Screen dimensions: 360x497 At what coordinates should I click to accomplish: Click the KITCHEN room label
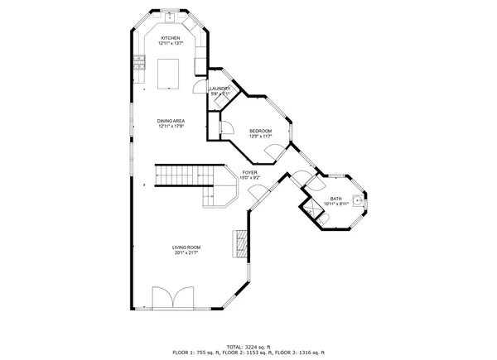[171, 38]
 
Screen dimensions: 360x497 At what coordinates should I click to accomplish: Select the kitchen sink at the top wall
[171, 16]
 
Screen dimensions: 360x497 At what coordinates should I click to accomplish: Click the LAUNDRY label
[220, 89]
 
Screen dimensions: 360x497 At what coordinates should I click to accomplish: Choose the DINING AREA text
[171, 121]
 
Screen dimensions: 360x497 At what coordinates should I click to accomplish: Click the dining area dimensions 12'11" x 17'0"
[171, 127]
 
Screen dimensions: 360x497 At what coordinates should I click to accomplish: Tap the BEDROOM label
[260, 131]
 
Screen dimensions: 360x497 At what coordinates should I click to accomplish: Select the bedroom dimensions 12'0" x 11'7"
[260, 137]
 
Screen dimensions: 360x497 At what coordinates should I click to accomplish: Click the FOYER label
[249, 172]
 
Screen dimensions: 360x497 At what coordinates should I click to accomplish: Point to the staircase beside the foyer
[178, 175]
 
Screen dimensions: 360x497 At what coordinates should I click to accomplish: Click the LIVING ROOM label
[186, 247]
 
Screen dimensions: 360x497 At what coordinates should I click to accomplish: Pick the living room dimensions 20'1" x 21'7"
[186, 253]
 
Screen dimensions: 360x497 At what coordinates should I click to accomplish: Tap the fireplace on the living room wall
[241, 244]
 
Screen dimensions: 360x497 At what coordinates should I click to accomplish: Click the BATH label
[335, 199]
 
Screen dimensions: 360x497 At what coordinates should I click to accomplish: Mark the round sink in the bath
[359, 199]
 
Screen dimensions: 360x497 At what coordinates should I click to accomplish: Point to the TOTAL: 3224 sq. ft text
[248, 347]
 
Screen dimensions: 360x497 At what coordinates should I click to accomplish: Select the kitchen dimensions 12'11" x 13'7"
[171, 44]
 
